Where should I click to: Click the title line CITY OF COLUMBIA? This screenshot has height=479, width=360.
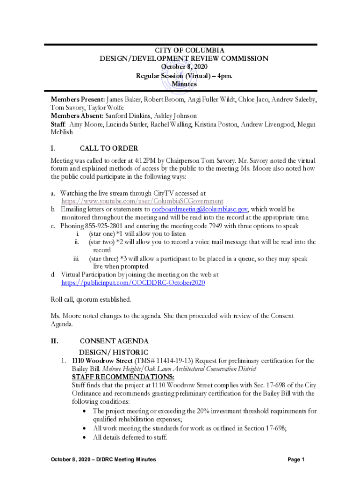[x=183, y=50]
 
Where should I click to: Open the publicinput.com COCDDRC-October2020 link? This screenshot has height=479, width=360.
[x=133, y=283]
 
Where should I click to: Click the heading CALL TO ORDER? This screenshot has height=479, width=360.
[x=109, y=148]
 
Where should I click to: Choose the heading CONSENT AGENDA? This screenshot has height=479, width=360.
[x=115, y=341]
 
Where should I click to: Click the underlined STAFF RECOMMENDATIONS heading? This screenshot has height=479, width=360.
[x=123, y=377]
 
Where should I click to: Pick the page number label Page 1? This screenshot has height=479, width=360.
[x=296, y=460]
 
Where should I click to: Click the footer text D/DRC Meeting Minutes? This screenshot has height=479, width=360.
[x=126, y=460]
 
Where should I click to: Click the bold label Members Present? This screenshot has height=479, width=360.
[x=78, y=100]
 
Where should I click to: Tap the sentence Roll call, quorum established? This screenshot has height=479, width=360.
[x=91, y=299]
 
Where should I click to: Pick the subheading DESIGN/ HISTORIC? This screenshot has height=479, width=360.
[x=114, y=352]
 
